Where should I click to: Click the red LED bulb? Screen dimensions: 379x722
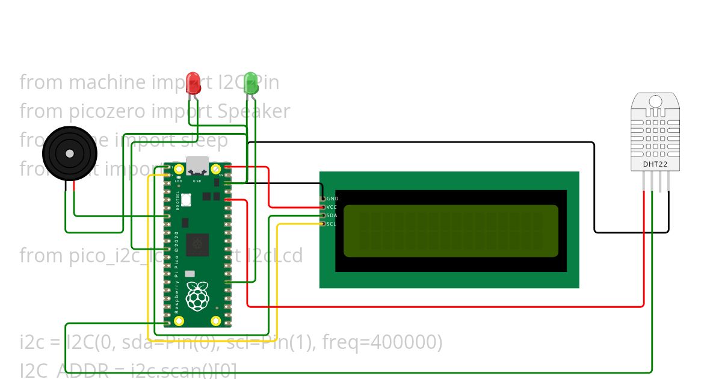click(x=193, y=82)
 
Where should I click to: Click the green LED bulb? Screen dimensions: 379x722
click(x=251, y=82)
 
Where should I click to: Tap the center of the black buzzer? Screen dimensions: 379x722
click(x=70, y=153)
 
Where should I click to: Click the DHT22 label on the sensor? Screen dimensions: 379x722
click(x=655, y=164)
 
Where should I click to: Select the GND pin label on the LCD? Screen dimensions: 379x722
click(x=332, y=199)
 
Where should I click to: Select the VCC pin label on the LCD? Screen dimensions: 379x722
click(x=332, y=207)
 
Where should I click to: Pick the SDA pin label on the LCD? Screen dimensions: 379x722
click(x=332, y=215)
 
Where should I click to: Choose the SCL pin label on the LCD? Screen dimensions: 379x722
click(x=332, y=224)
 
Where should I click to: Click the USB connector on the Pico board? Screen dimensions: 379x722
click(x=197, y=164)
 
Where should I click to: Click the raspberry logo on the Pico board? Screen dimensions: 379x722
click(x=197, y=297)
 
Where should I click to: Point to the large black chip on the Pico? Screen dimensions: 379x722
click(x=197, y=244)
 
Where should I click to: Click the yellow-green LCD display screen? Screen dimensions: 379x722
click(x=451, y=231)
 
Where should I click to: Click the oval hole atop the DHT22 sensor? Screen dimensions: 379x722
click(x=655, y=101)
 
